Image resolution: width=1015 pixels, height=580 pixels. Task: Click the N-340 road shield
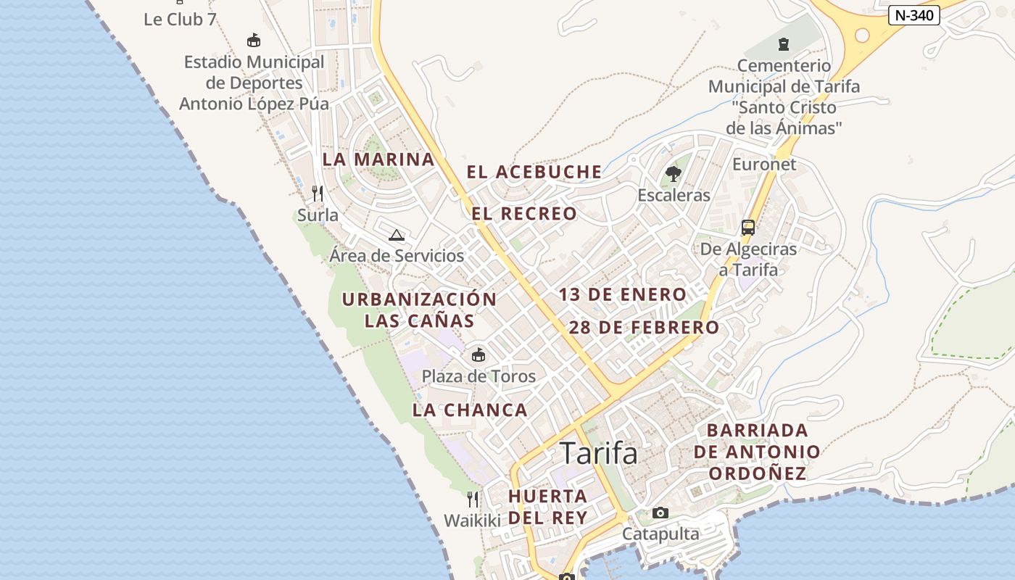pyautogui.click(x=913, y=15)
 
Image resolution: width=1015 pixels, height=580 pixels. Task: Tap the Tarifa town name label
pyautogui.click(x=599, y=453)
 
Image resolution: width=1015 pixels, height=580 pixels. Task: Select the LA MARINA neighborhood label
pyautogui.click(x=378, y=159)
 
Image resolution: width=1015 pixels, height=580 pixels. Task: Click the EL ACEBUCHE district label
pyautogui.click(x=534, y=172)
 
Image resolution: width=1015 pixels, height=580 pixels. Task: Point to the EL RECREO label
pyautogui.click(x=524, y=214)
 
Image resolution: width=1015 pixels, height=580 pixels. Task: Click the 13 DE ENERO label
pyautogui.click(x=622, y=294)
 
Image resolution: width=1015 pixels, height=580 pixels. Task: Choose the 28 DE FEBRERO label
pyautogui.click(x=644, y=327)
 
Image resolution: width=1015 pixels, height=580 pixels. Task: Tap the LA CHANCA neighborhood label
pyautogui.click(x=470, y=410)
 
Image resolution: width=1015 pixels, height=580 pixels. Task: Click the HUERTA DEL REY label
pyautogui.click(x=547, y=507)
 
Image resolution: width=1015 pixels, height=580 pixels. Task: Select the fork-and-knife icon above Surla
pyautogui.click(x=318, y=193)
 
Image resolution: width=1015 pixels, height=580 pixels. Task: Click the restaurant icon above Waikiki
pyautogui.click(x=473, y=499)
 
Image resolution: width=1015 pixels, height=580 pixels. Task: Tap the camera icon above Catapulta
pyautogui.click(x=660, y=513)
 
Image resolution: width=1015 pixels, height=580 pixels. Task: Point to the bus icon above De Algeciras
pyautogui.click(x=748, y=228)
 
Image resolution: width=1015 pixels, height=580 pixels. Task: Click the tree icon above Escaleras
pyautogui.click(x=674, y=173)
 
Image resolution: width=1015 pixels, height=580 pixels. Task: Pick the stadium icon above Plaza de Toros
pyautogui.click(x=478, y=355)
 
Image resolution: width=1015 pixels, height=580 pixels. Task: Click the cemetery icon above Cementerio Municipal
pyautogui.click(x=783, y=44)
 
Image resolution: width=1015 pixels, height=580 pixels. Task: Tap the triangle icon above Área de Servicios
pyautogui.click(x=396, y=235)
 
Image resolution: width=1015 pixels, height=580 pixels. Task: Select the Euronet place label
pyautogui.click(x=764, y=164)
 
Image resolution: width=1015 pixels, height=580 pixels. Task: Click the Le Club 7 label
pyautogui.click(x=180, y=20)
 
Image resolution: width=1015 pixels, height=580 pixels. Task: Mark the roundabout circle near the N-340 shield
pyautogui.click(x=862, y=34)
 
